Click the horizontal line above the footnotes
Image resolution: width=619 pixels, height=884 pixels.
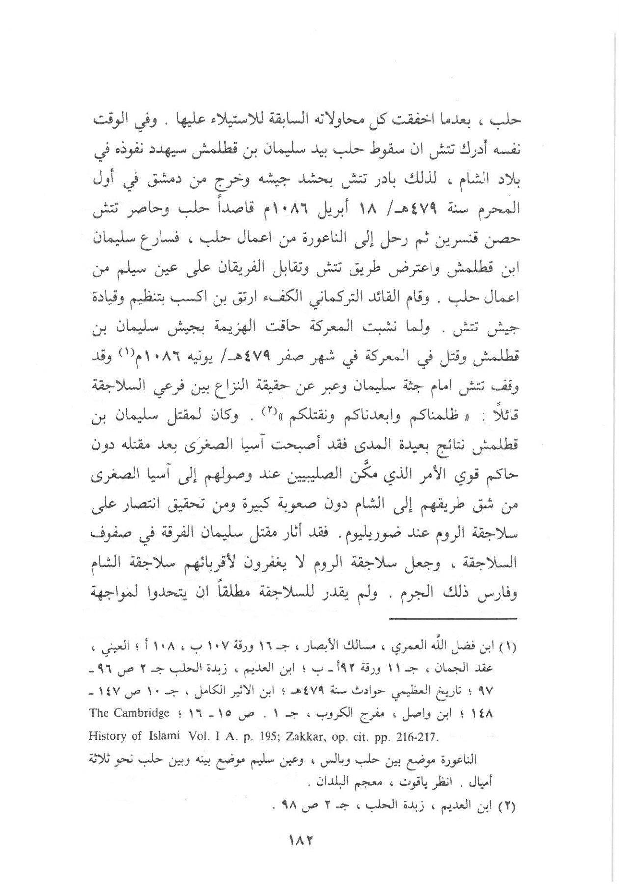[454, 618]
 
